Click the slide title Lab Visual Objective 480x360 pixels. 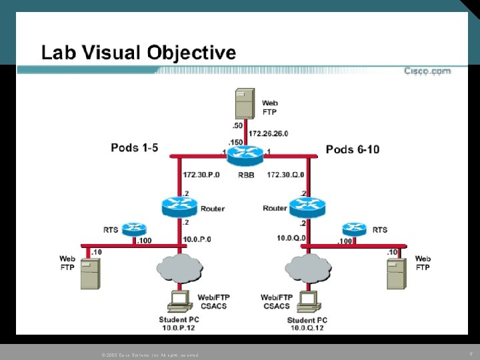coord(139,53)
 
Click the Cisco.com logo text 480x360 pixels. coord(427,71)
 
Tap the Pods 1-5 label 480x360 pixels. coord(135,148)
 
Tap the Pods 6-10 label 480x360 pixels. coord(353,149)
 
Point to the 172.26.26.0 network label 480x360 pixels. coord(269,133)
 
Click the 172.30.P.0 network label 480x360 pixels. coord(203,175)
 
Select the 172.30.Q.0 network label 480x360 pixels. coord(285,175)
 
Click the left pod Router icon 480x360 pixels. coord(179,207)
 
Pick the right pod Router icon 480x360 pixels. coord(306,207)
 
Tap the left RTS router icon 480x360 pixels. coord(135,229)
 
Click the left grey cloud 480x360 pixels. coord(179,268)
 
